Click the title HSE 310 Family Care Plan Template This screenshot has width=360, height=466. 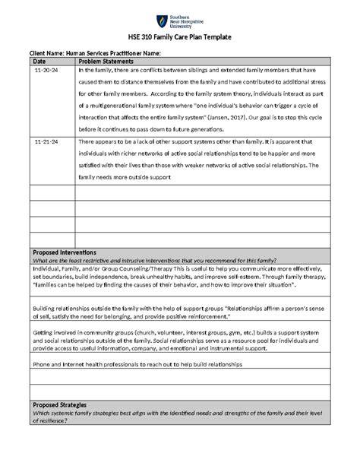tap(179, 37)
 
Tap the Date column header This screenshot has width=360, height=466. tap(40, 61)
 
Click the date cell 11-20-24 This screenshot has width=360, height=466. tap(46, 70)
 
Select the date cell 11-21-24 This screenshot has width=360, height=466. tap(46, 142)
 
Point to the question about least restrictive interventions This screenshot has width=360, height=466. tap(152, 259)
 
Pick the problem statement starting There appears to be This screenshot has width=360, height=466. tap(205, 159)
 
